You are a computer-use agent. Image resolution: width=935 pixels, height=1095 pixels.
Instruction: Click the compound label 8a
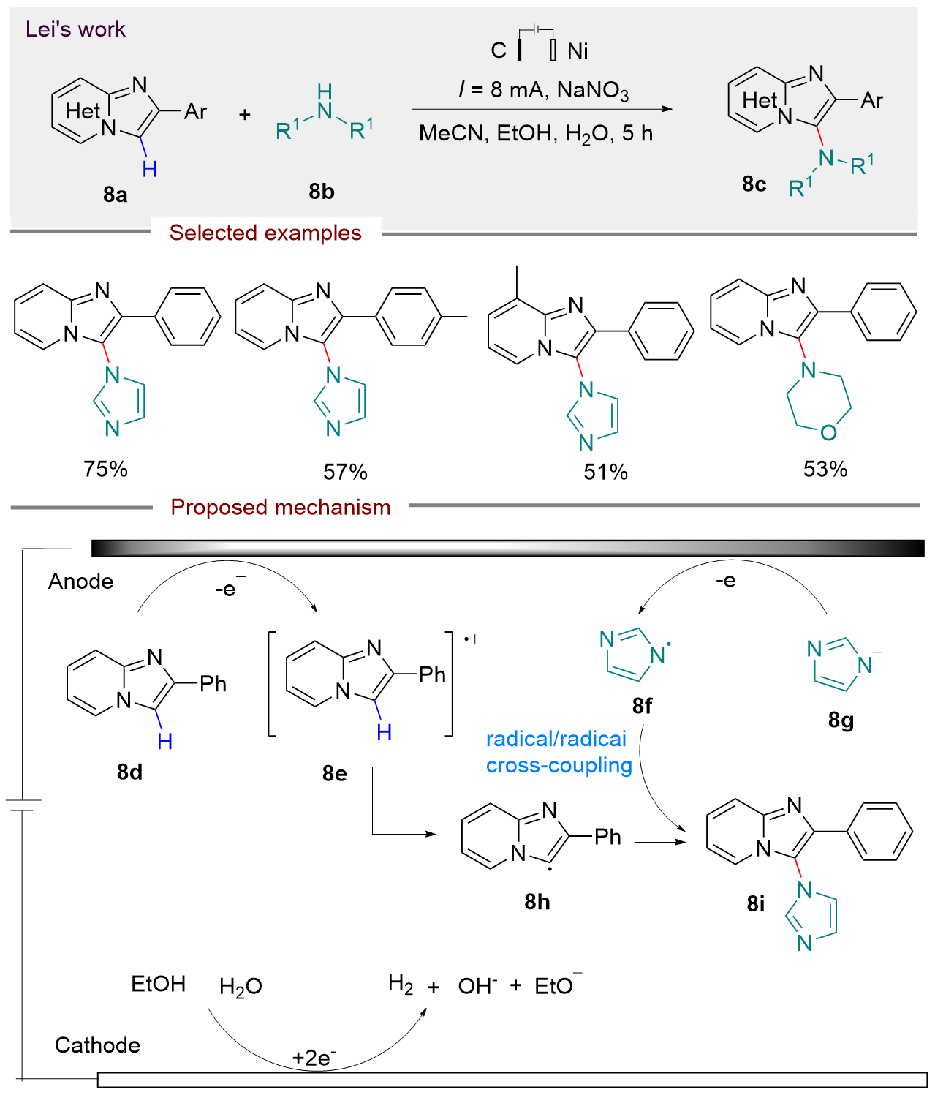pyautogui.click(x=116, y=195)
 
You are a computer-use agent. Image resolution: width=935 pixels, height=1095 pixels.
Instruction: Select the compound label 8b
pyautogui.click(x=321, y=192)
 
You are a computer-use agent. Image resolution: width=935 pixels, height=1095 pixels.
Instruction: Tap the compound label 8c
pyautogui.click(x=754, y=184)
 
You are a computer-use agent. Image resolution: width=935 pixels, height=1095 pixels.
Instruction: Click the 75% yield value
pyautogui.click(x=106, y=469)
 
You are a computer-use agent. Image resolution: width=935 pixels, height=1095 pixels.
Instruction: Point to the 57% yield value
pyautogui.click(x=345, y=472)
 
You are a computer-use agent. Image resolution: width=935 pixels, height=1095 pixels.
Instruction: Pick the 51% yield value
pyautogui.click(x=605, y=472)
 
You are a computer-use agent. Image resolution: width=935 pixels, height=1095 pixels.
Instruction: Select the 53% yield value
pyautogui.click(x=825, y=469)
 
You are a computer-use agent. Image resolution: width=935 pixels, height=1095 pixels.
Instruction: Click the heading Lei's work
pyautogui.click(x=75, y=29)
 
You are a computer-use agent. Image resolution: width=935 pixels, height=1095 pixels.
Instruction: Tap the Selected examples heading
pyautogui.click(x=265, y=233)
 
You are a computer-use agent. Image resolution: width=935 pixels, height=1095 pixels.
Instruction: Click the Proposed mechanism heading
pyautogui.click(x=281, y=507)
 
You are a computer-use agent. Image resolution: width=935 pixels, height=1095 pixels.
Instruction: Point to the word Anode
pyautogui.click(x=81, y=582)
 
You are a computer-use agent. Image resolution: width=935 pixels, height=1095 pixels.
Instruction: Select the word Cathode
pyautogui.click(x=97, y=1045)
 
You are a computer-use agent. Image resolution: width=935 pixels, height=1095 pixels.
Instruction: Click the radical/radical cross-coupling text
pyautogui.click(x=559, y=752)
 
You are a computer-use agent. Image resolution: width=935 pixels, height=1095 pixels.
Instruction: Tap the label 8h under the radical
pyautogui.click(x=537, y=902)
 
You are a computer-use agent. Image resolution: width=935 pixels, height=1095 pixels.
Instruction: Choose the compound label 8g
pyautogui.click(x=841, y=720)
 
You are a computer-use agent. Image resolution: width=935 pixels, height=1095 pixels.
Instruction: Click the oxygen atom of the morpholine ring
pyautogui.click(x=828, y=433)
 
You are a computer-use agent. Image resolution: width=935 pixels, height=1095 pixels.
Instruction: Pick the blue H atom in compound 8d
pyautogui.click(x=165, y=741)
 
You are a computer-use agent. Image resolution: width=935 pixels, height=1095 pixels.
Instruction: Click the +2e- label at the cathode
pyautogui.click(x=314, y=1058)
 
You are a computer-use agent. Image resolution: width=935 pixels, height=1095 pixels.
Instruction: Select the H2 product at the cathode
pyautogui.click(x=401, y=985)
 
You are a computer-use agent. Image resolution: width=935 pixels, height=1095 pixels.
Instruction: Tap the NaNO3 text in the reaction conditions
pyautogui.click(x=592, y=90)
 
